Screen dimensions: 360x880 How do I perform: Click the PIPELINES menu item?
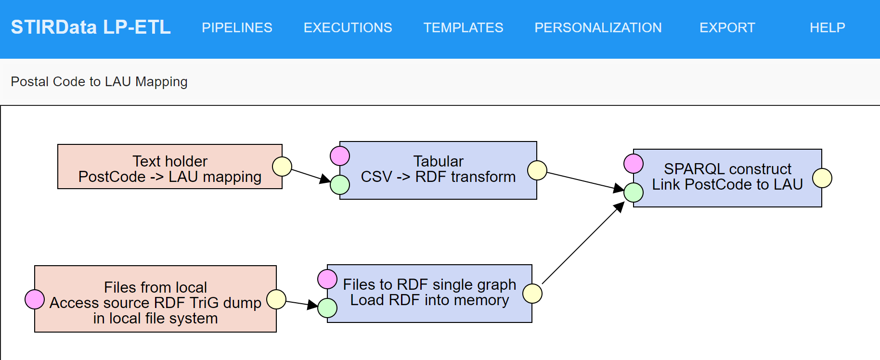[237, 28]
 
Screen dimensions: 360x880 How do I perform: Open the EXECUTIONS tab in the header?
[348, 28]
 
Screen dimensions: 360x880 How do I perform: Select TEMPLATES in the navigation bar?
[463, 28]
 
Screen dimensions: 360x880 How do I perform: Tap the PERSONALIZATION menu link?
[598, 28]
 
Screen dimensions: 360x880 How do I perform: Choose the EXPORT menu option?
[727, 28]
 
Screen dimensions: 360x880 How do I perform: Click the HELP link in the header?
[827, 28]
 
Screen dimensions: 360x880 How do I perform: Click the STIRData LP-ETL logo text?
[91, 27]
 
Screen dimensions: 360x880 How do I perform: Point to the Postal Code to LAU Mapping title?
[99, 82]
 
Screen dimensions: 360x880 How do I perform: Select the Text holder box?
[169, 167]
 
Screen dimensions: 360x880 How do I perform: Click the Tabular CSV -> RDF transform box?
[438, 170]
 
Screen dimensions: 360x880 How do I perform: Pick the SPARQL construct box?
[727, 178]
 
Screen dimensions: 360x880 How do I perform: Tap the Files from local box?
[155, 299]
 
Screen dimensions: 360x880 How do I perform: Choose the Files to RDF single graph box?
[429, 293]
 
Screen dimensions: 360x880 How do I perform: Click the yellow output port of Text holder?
[282, 167]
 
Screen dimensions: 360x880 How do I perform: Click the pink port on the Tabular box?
[340, 156]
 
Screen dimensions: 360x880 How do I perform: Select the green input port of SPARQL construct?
[634, 193]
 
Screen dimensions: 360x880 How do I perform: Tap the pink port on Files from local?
[35, 299]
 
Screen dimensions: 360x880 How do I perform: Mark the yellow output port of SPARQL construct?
[822, 178]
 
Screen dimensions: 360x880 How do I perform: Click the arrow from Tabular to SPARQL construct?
[582, 180]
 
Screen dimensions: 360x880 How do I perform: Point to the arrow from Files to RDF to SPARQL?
[582, 244]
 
